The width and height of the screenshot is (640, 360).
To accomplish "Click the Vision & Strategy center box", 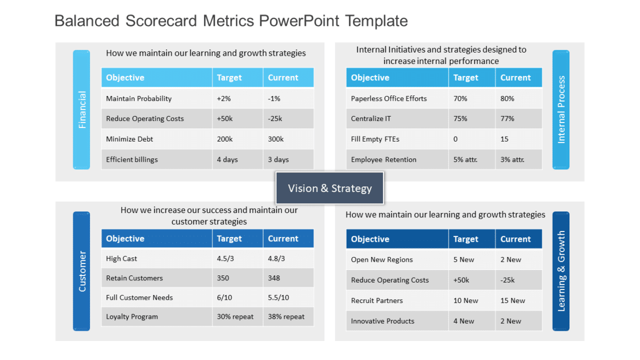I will click(330, 188).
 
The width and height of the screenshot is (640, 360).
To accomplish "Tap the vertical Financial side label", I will click(82, 110).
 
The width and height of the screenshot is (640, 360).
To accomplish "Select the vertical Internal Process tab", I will click(561, 110).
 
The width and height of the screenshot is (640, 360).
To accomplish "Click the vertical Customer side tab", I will click(82, 271).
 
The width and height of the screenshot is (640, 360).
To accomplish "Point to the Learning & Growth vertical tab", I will click(561, 271).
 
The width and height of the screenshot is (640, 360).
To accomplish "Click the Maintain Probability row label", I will click(139, 99).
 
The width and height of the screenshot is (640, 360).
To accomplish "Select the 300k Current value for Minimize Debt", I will click(276, 139).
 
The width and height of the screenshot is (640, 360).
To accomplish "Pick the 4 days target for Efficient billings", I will click(227, 160).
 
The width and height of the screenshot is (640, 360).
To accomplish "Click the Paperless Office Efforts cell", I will click(388, 99).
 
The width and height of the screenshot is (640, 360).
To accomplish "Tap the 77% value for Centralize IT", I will click(507, 119).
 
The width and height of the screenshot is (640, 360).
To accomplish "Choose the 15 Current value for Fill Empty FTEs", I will click(504, 139).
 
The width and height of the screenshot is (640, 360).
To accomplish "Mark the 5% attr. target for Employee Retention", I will click(465, 160).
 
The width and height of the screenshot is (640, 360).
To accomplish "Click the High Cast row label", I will click(121, 259).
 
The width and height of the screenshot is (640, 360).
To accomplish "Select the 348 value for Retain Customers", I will click(274, 278).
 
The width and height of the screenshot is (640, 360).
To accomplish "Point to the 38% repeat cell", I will click(286, 317).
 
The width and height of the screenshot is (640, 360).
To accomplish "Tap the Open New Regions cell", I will click(382, 260).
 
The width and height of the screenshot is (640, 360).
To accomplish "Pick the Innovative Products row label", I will click(382, 322).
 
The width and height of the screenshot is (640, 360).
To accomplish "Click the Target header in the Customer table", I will click(229, 239).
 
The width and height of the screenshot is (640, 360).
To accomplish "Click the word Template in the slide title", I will click(376, 21).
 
